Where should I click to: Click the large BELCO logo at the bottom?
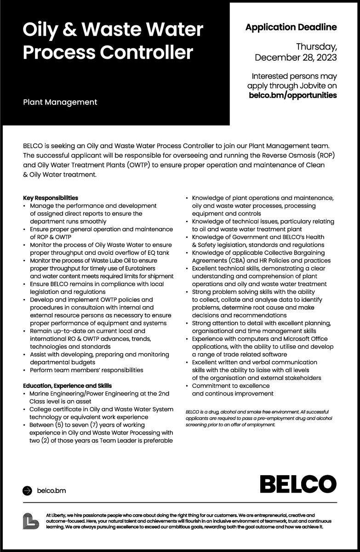(x=298, y=484)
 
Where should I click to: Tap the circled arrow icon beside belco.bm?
(x=28, y=491)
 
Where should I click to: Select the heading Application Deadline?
(x=291, y=27)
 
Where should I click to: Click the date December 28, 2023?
(x=296, y=57)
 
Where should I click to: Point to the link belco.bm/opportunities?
(x=292, y=95)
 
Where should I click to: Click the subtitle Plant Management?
(x=60, y=102)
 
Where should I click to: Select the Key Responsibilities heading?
(x=51, y=198)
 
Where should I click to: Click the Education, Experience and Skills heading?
(x=67, y=385)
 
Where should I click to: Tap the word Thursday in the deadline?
(x=316, y=47)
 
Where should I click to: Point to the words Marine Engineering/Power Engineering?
(x=93, y=394)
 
